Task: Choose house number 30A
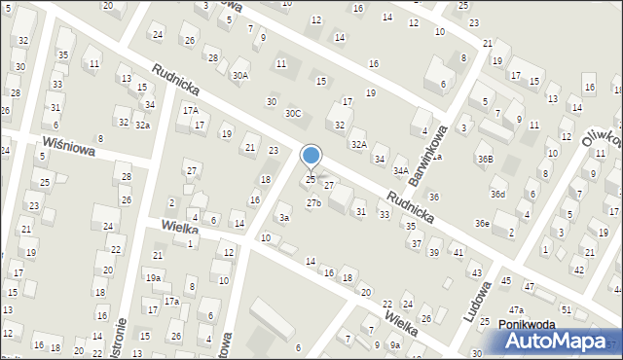coord(239,75)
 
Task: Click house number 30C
coord(292,114)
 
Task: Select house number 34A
coord(399,171)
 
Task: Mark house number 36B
coord(485,159)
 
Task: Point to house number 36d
coord(497,195)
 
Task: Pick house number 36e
coord(482,224)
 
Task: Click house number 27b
coord(313,203)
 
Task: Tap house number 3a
coord(284,218)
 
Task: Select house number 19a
coord(154,277)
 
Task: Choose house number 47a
coord(541,309)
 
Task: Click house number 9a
coord(394,345)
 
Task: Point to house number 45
coord(505,281)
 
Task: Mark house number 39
coord(434,253)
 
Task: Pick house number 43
coord(476,272)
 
